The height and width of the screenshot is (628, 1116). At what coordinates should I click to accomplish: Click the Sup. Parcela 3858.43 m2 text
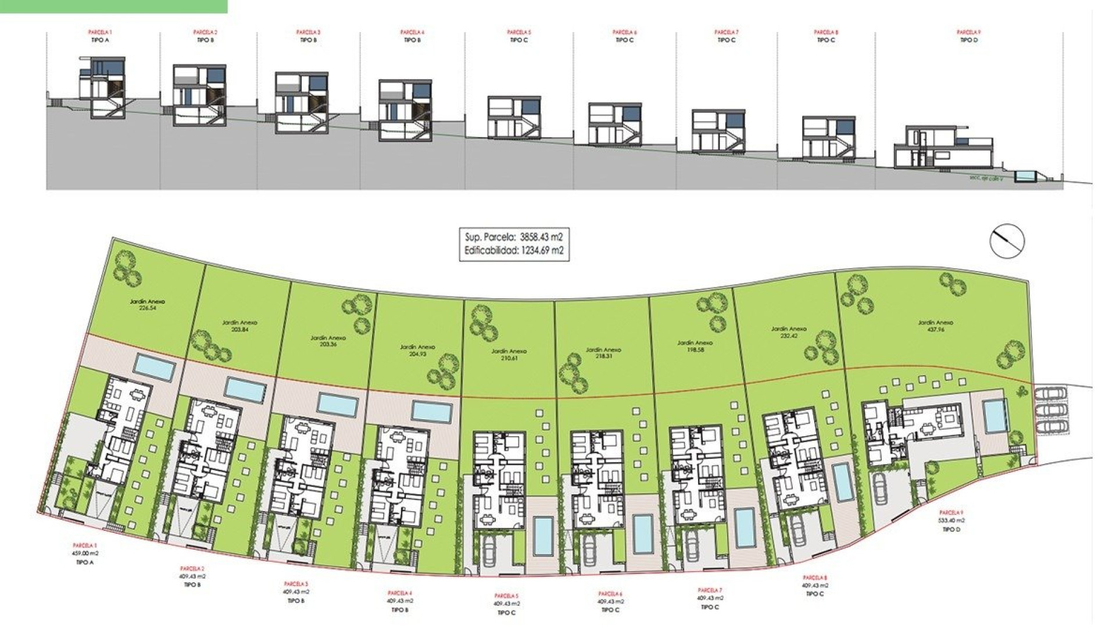click(x=514, y=237)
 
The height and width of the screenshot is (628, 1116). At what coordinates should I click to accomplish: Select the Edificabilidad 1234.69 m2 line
click(x=514, y=251)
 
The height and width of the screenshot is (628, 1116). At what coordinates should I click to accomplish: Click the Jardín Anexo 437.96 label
click(x=935, y=326)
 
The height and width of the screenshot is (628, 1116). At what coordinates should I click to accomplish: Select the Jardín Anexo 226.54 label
click(x=148, y=305)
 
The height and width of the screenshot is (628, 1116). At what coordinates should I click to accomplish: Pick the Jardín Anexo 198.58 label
click(x=695, y=347)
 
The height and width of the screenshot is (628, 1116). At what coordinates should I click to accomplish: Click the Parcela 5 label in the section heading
click(x=517, y=33)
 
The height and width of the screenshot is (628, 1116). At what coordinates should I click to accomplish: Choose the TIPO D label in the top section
click(x=968, y=41)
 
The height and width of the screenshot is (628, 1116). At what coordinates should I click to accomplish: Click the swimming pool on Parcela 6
click(x=642, y=534)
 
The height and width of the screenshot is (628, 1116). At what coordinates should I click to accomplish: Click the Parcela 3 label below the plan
click(x=296, y=584)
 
